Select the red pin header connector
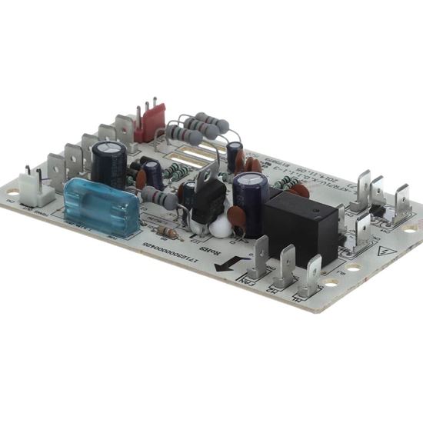pyautogui.click(x=152, y=122)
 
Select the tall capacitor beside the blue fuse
pyautogui.click(x=108, y=160)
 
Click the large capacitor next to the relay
pyautogui.click(x=251, y=194)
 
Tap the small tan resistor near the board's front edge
pyautogui.click(x=167, y=232)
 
